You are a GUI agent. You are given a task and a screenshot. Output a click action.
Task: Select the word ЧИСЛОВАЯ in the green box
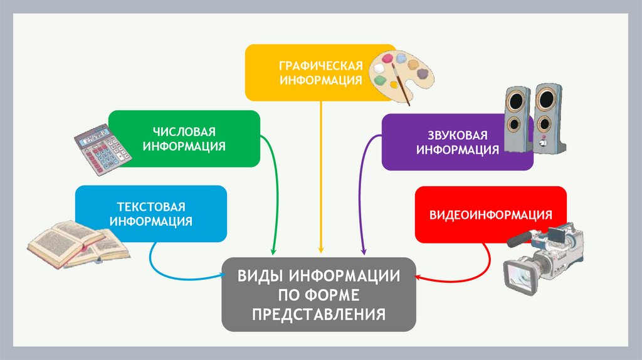(x=184, y=132)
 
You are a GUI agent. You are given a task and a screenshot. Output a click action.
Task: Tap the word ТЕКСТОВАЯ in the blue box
(x=151, y=207)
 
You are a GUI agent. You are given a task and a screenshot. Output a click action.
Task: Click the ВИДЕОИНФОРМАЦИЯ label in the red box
(x=491, y=215)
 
